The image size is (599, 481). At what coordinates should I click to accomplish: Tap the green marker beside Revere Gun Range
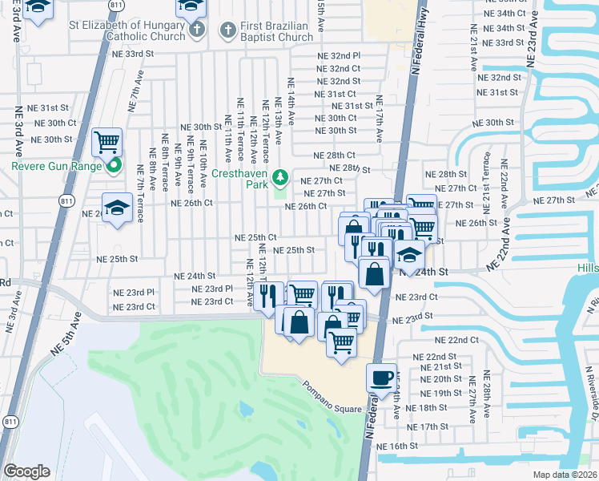point(114,167)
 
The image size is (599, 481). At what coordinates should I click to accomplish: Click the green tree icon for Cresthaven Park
point(280,176)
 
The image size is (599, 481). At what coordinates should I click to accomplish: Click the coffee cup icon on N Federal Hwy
point(381,376)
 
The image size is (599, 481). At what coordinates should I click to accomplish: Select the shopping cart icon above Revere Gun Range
point(107,143)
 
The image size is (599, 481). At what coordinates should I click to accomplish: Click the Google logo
point(26,471)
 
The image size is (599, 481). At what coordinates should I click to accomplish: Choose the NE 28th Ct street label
point(334,156)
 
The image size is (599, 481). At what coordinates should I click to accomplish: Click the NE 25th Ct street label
point(255,238)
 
